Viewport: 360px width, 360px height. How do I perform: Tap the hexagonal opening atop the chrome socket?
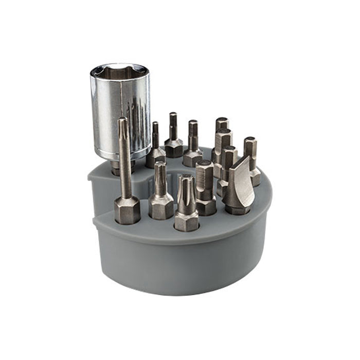[119, 74]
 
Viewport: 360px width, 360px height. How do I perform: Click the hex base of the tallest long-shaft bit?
[127, 210]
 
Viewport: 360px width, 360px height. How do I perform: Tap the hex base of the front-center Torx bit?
[186, 220]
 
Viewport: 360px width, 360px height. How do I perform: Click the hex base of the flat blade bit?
[238, 208]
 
